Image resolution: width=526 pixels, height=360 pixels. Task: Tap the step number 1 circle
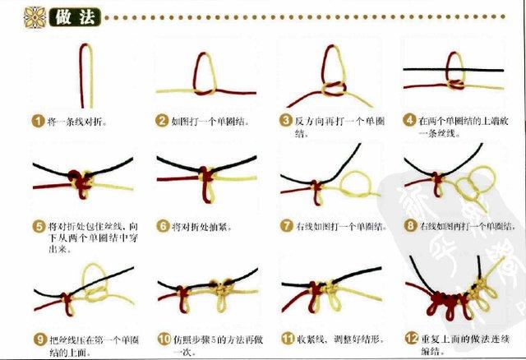tap(37, 121)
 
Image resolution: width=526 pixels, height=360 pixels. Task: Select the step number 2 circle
tap(162, 121)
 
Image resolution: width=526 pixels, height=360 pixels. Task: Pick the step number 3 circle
tap(286, 121)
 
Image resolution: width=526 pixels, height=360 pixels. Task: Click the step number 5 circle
tap(37, 226)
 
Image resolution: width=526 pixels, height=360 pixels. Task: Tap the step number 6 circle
tap(162, 226)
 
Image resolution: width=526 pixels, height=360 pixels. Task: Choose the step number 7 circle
tap(286, 226)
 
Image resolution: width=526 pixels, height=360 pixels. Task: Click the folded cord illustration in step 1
tap(85, 74)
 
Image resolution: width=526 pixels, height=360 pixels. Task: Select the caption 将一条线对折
tap(77, 121)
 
